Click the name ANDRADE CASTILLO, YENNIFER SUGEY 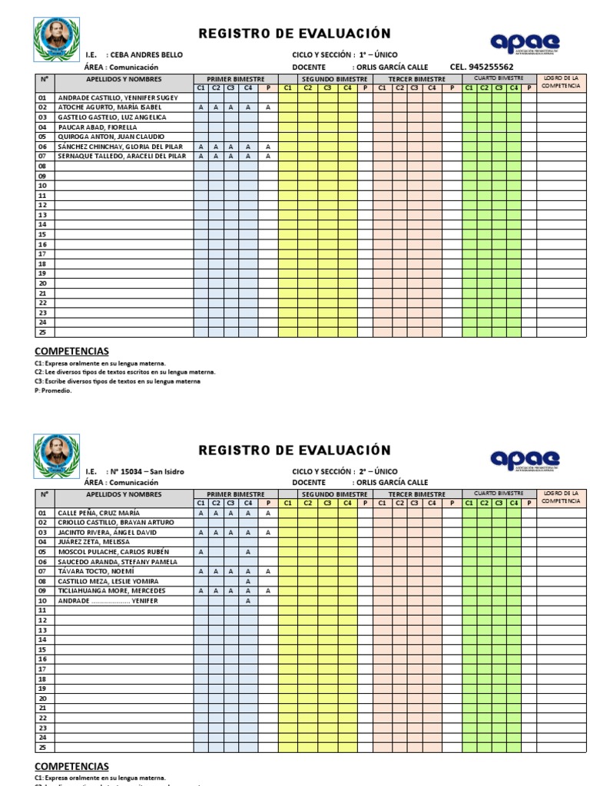[118, 97]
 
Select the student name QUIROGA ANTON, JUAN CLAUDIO [111, 137]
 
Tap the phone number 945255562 [492, 67]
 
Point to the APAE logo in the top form [525, 43]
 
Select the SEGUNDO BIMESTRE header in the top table [333, 78]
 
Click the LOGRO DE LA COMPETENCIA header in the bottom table [561, 497]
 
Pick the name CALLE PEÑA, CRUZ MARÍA [99, 513]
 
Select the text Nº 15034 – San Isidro [147, 471]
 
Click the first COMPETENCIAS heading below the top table [71, 351]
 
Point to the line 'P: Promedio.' [52, 390]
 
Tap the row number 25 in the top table [42, 332]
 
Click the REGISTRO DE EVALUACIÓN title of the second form [294, 450]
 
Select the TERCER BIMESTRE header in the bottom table [416, 494]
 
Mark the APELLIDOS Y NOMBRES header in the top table [123, 78]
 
